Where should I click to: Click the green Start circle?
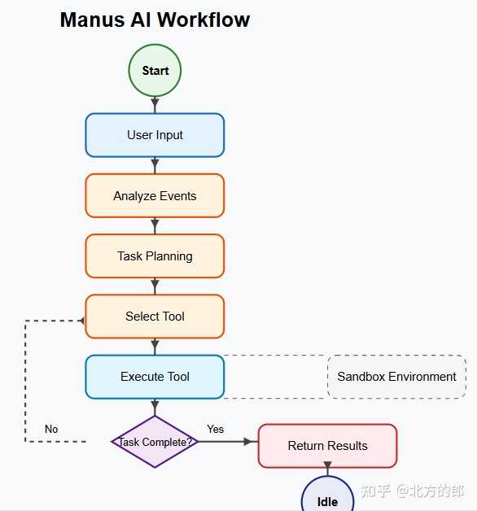pyautogui.click(x=155, y=71)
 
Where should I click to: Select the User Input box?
pyautogui.click(x=155, y=135)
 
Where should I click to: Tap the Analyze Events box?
pyautogui.click(x=155, y=195)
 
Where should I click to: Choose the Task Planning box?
pyautogui.click(x=155, y=256)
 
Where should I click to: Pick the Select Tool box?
pyautogui.click(x=155, y=316)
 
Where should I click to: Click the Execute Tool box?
pyautogui.click(x=155, y=377)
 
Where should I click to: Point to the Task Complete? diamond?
pyautogui.click(x=155, y=442)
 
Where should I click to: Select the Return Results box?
pyautogui.click(x=328, y=446)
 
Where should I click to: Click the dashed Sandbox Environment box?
pyautogui.click(x=396, y=377)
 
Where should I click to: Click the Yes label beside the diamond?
pyautogui.click(x=215, y=429)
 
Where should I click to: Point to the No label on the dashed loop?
pyautogui.click(x=51, y=429)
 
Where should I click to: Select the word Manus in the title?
pyautogui.click(x=93, y=20)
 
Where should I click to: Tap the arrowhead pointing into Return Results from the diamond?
pyautogui.click(x=248, y=442)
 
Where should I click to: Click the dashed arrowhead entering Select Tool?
pyautogui.click(x=82, y=321)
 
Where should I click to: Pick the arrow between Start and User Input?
pyautogui.click(x=155, y=105)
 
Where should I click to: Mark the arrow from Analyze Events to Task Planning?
pyautogui.click(x=155, y=226)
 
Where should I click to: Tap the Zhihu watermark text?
pyautogui.click(x=413, y=491)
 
